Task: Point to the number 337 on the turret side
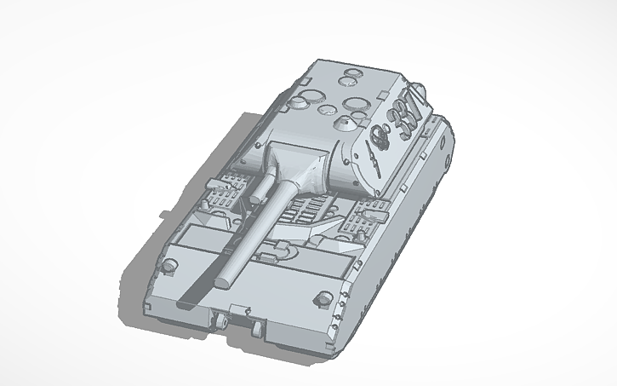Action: click(400, 118)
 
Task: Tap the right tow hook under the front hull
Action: click(256, 326)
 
